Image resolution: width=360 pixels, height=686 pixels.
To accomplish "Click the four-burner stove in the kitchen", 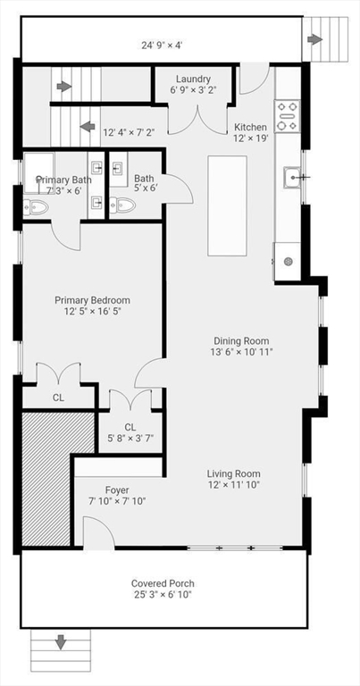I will click(288, 116).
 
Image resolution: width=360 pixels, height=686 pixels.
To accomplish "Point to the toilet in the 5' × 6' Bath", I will click(124, 206).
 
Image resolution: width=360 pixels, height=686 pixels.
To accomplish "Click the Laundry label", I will click(193, 79).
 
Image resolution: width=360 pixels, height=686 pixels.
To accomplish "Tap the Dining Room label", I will click(241, 340).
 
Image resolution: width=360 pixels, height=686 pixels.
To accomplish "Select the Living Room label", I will click(234, 473).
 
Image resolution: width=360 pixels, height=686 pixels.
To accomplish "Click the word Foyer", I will click(117, 490).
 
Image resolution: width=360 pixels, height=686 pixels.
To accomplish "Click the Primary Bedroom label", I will click(92, 300).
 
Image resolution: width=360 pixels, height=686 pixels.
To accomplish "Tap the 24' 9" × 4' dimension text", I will click(162, 43).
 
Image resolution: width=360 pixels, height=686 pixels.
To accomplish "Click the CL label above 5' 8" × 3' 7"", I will click(130, 427).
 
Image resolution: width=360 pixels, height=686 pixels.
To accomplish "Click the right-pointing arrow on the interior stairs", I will click(63, 87).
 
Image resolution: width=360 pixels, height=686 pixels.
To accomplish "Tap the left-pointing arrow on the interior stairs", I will click(88, 126).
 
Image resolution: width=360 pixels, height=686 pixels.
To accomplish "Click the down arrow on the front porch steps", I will click(61, 641).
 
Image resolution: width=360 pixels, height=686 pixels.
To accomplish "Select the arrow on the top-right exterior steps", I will click(314, 39).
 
